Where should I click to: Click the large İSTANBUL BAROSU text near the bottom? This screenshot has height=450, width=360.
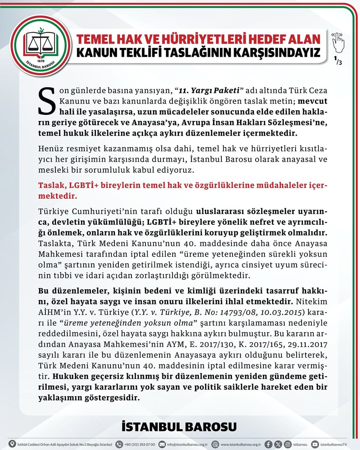[179, 427]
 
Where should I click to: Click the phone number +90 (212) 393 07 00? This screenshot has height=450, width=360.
[140, 444]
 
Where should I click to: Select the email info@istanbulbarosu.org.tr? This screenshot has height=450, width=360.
[188, 444]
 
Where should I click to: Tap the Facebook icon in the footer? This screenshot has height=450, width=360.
[268, 444]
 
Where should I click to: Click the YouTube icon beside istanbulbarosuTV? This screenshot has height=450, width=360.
[315, 444]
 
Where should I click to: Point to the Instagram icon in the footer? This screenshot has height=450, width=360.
[288, 444]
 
